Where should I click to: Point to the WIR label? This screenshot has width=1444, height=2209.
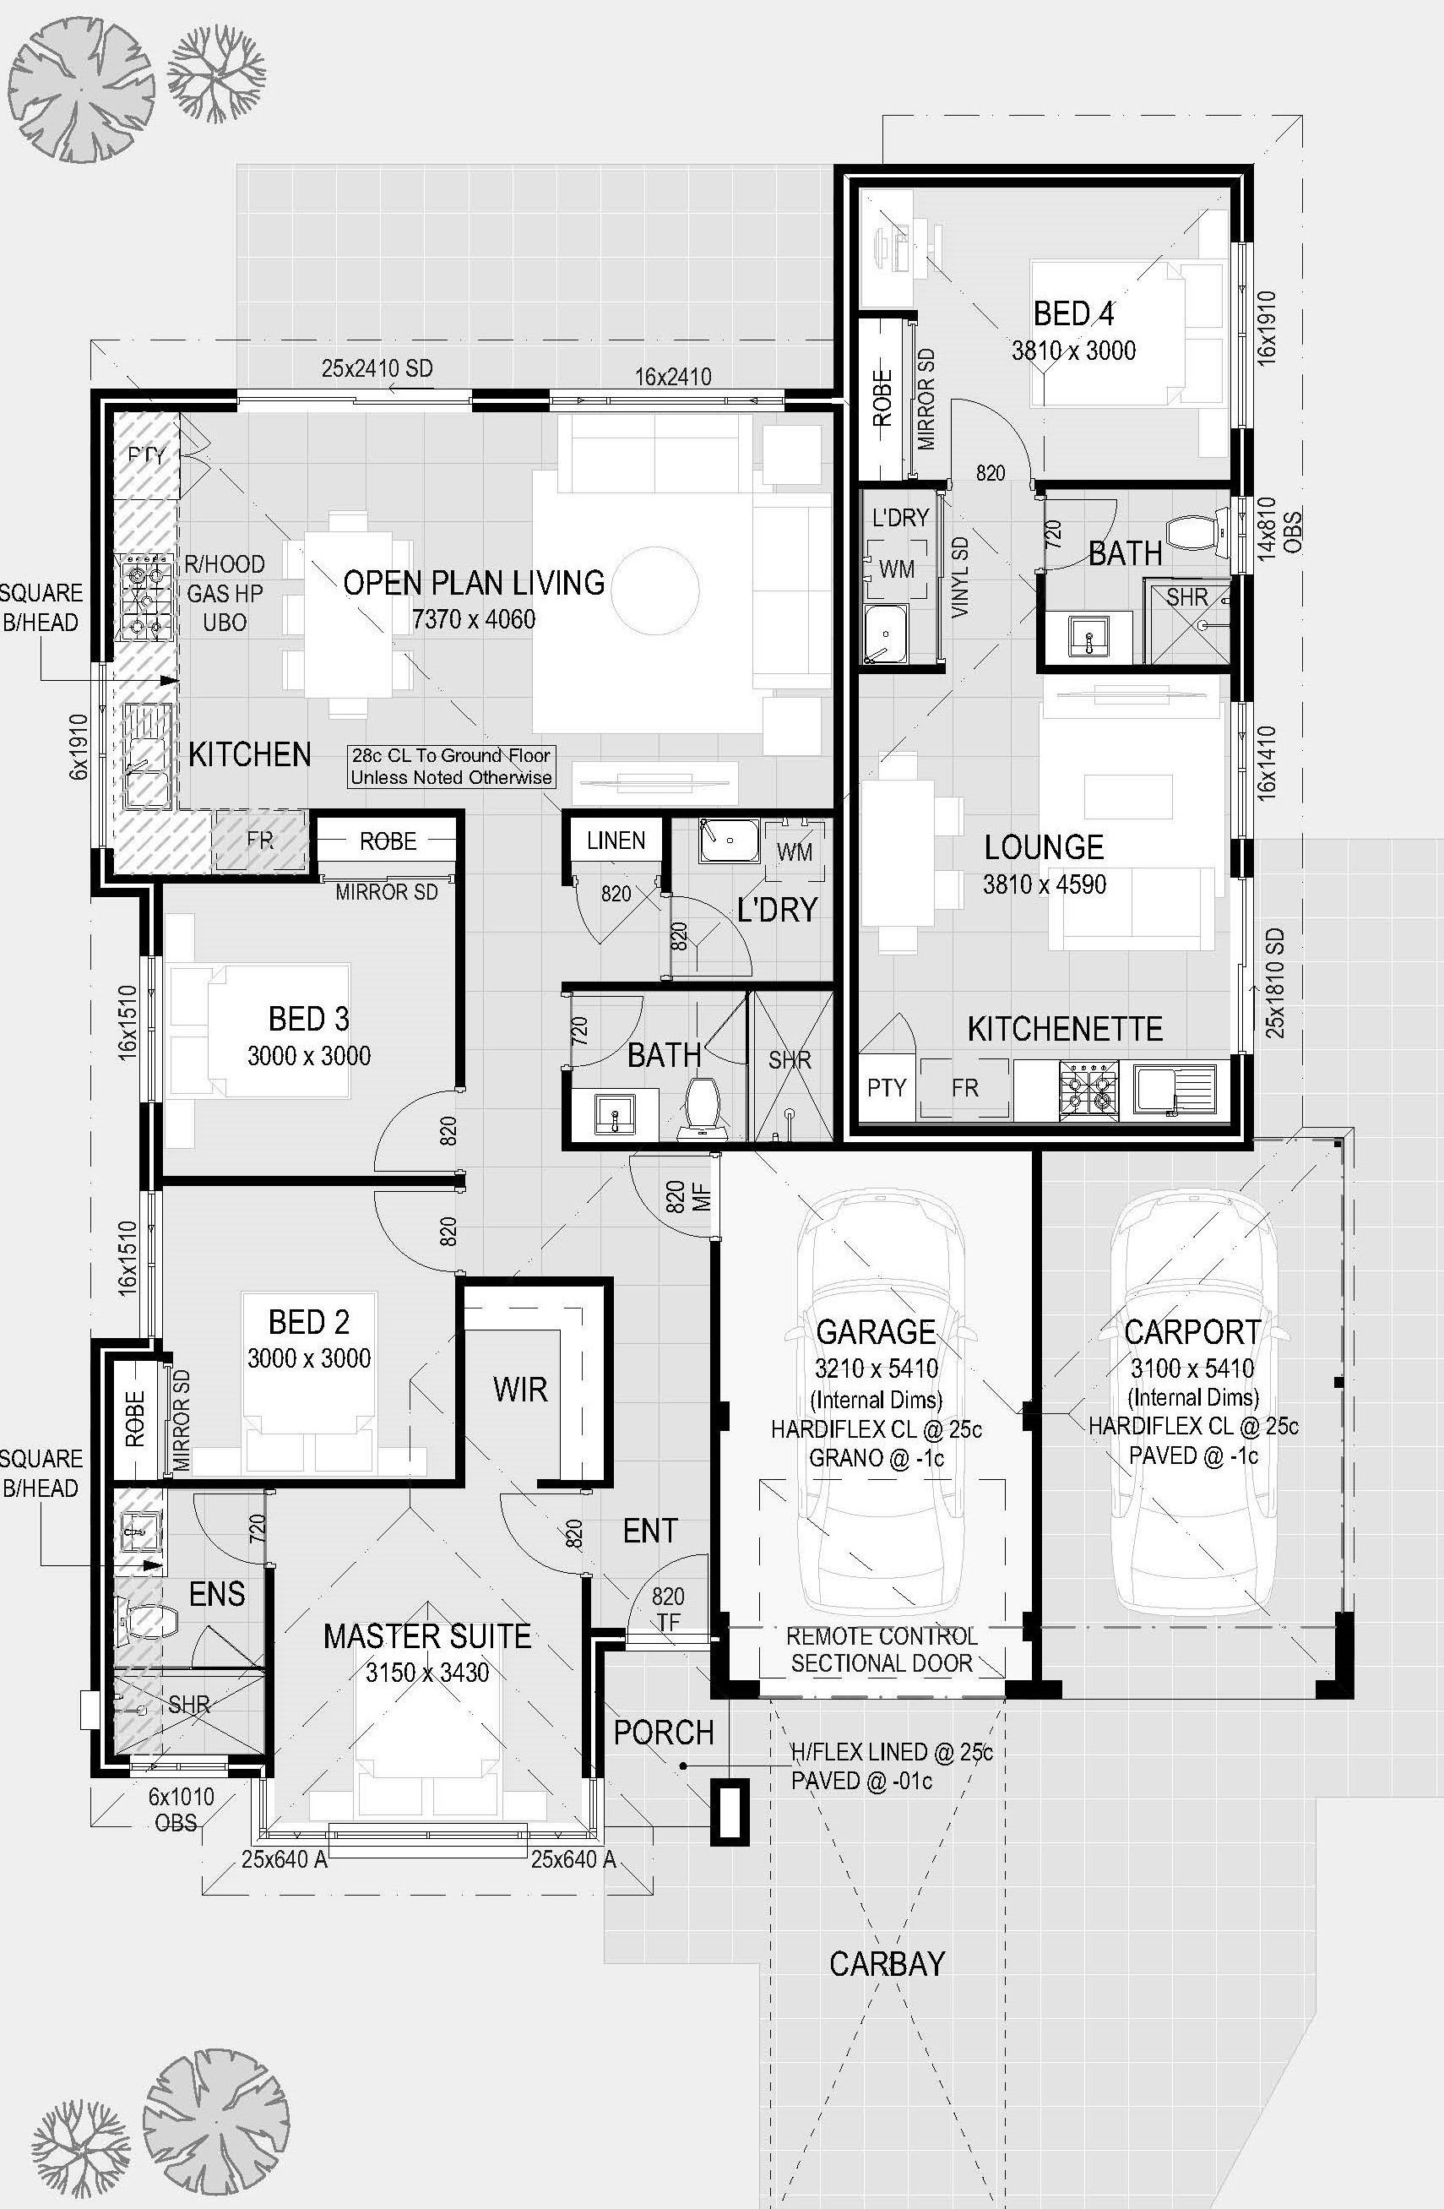(x=521, y=1390)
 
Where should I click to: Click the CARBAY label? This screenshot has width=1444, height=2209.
(x=887, y=1964)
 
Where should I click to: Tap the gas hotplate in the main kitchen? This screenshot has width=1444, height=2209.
(x=144, y=598)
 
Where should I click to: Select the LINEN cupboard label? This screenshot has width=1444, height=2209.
(x=616, y=841)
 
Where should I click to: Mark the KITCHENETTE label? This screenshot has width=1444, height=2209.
(x=1065, y=1028)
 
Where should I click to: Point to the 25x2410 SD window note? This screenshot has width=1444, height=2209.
(x=377, y=368)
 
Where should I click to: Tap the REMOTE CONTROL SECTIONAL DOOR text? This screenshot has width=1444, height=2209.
(x=882, y=1649)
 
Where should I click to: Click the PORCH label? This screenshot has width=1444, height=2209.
(x=664, y=1732)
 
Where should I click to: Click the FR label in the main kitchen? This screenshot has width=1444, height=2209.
(x=260, y=840)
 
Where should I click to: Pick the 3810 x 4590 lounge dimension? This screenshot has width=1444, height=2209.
(x=1044, y=884)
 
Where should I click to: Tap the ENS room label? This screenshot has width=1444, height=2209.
(x=217, y=1595)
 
